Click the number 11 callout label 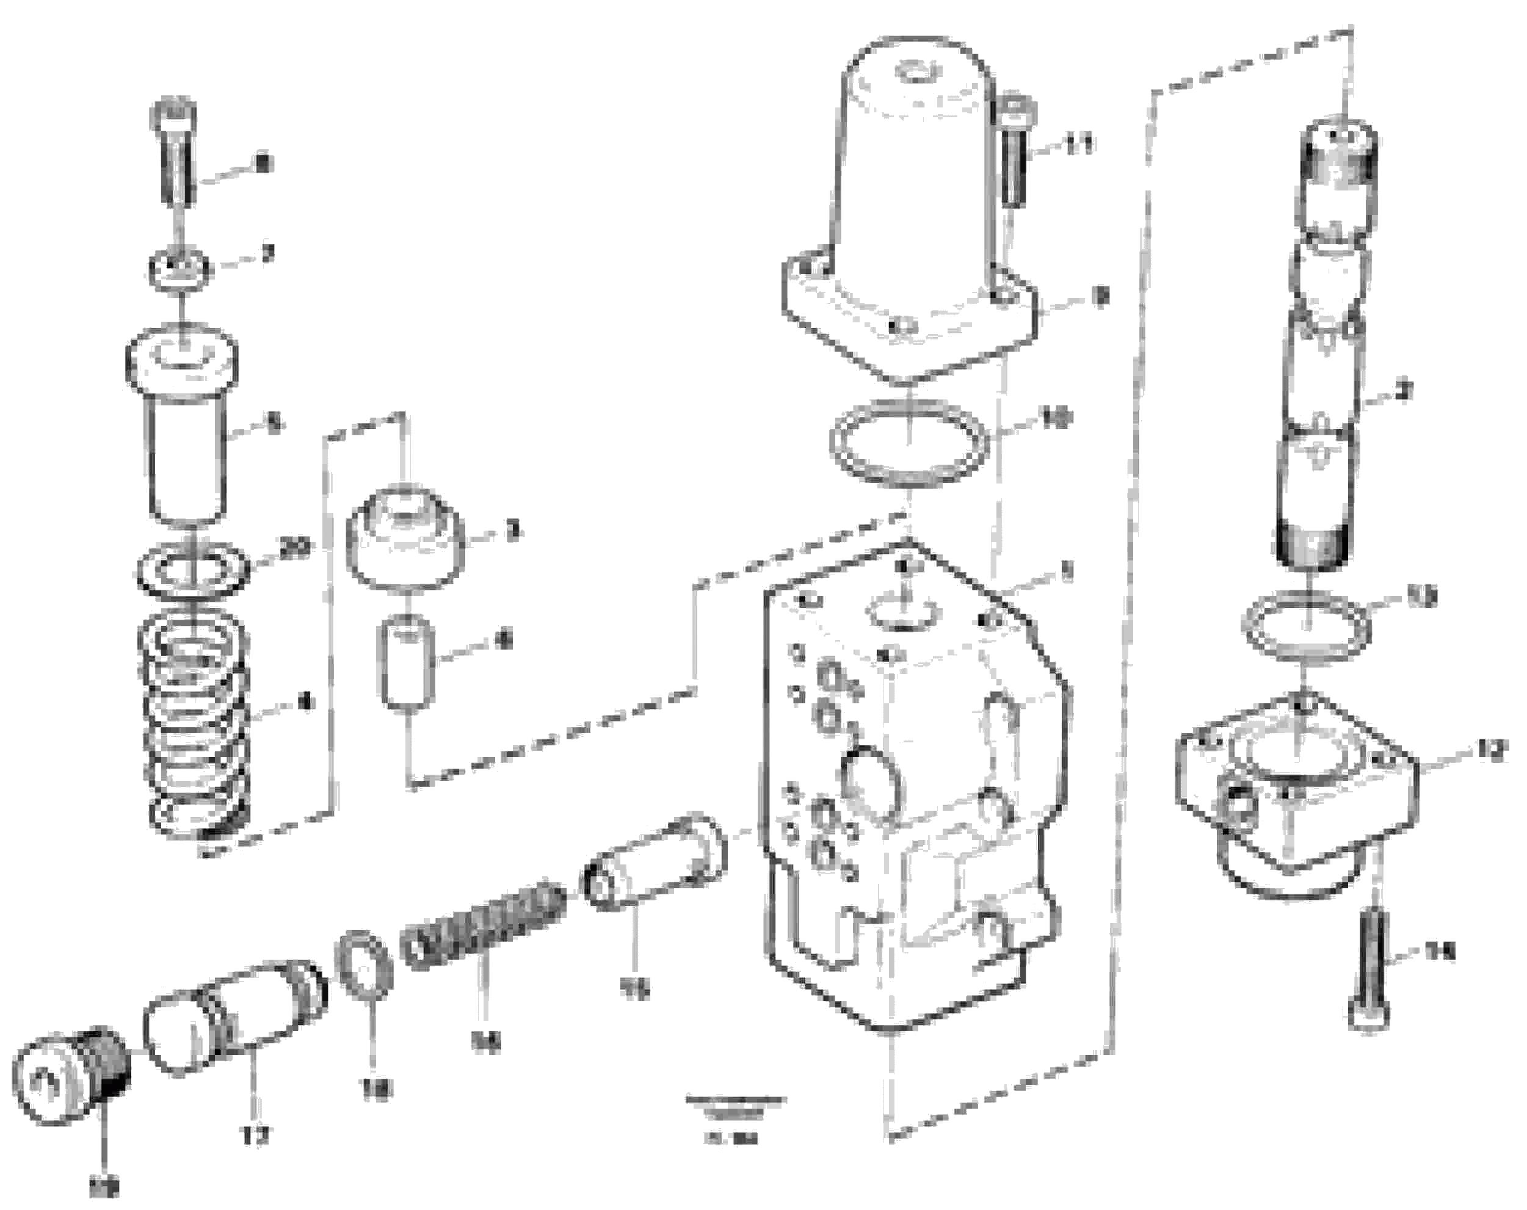pos(1079,145)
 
